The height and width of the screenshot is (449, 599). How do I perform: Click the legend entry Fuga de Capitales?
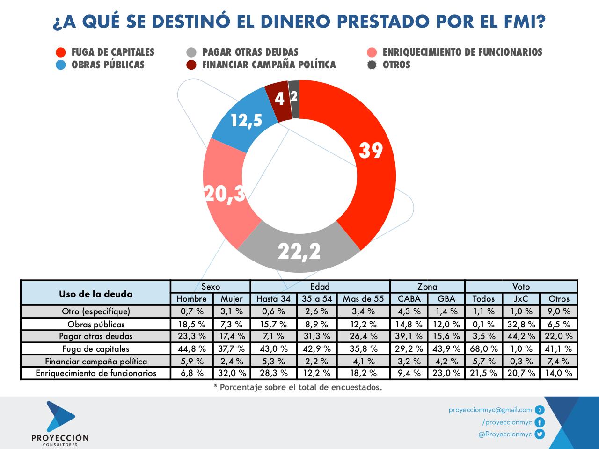112,52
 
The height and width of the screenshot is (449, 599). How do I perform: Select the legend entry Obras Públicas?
108,65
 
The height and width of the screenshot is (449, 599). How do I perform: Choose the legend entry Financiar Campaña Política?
269,65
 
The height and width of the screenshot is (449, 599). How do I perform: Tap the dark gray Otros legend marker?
372,65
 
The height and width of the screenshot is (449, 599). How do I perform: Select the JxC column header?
521,299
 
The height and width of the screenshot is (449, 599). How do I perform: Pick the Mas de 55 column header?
363,299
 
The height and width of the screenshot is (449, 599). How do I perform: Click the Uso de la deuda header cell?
95,294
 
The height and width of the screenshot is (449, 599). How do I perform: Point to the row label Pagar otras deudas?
95,336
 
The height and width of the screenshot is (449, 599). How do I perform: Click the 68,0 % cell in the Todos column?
483,349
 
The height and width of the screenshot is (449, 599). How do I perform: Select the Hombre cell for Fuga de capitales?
192,349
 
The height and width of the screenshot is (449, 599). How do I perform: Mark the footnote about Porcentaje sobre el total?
298,387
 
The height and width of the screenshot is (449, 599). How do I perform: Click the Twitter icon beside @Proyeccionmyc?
540,435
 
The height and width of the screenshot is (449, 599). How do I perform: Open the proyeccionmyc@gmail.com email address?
490,410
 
